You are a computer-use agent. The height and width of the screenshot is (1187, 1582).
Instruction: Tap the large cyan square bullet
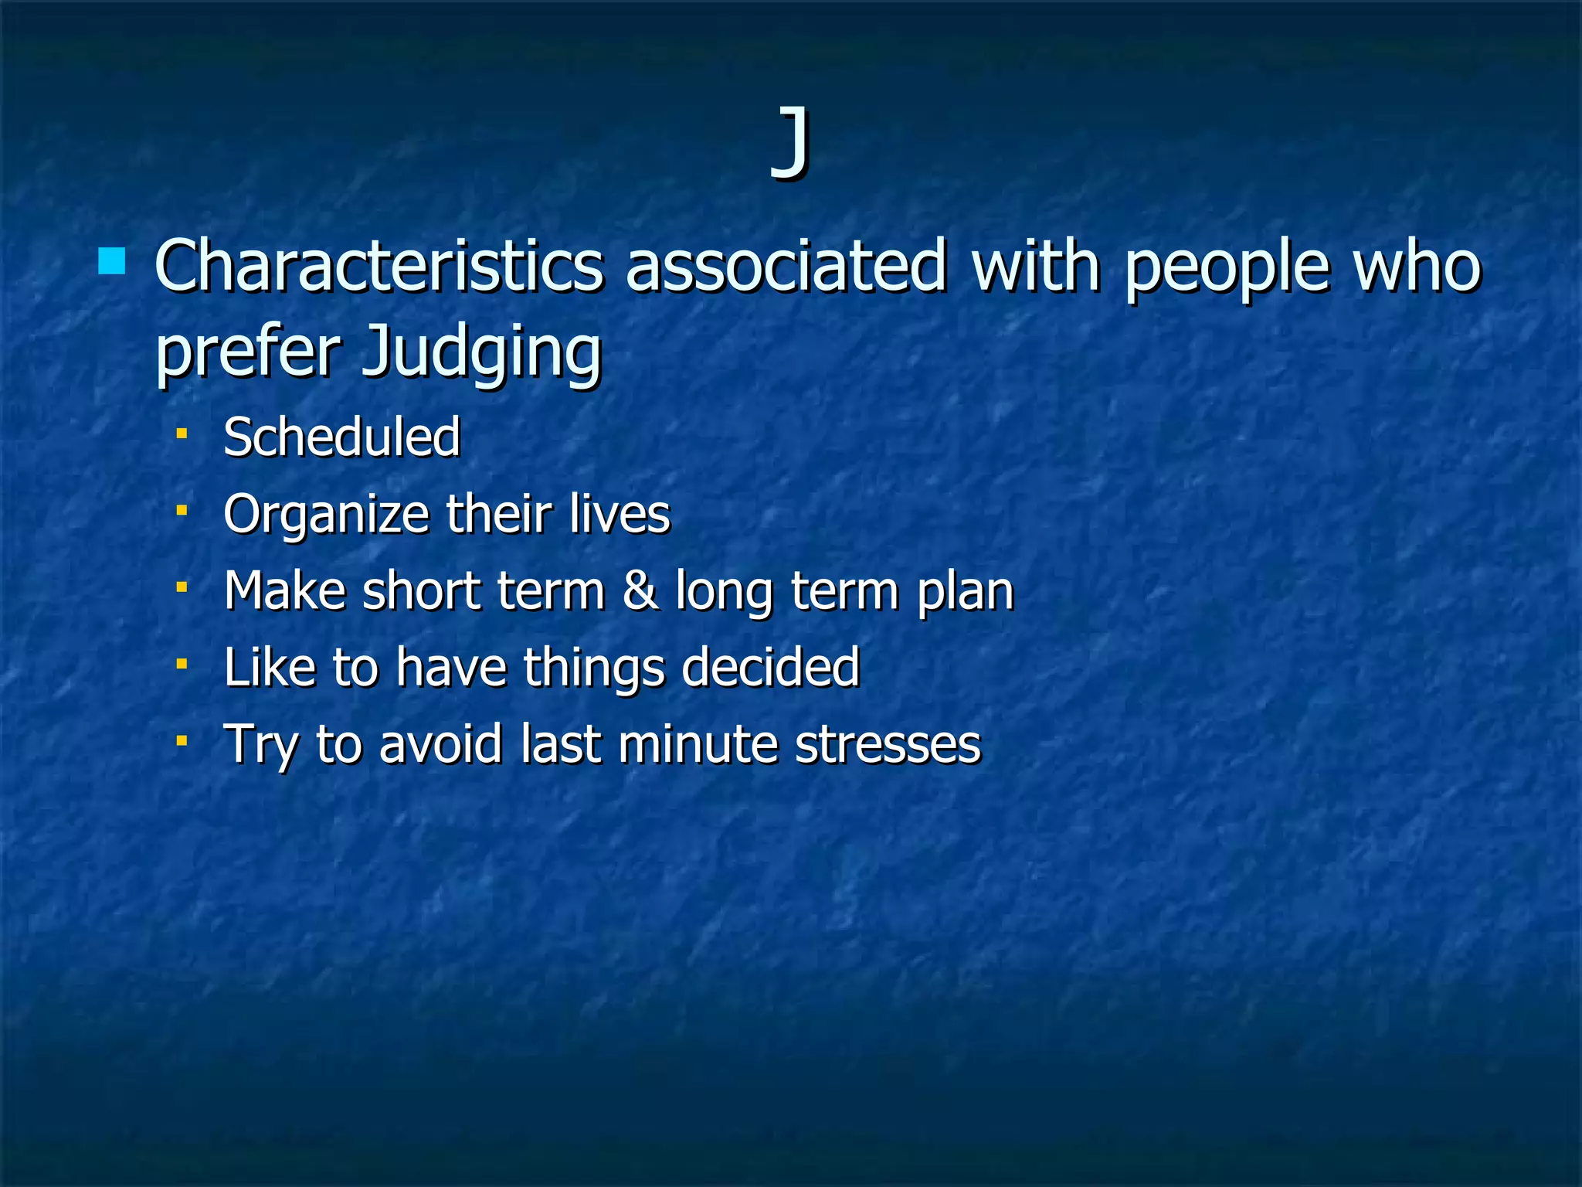click(112, 261)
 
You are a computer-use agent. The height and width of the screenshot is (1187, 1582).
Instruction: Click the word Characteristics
click(379, 267)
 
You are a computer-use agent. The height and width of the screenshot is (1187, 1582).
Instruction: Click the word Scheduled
click(341, 437)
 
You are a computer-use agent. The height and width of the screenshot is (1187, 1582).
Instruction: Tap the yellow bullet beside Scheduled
click(182, 434)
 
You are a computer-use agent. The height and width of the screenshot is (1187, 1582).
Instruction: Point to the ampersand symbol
click(640, 591)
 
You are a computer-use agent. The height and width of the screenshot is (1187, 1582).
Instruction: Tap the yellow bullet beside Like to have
click(182, 664)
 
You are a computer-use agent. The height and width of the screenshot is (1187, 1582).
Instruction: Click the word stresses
click(888, 744)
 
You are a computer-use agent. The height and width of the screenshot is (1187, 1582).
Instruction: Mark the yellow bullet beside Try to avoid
click(182, 740)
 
